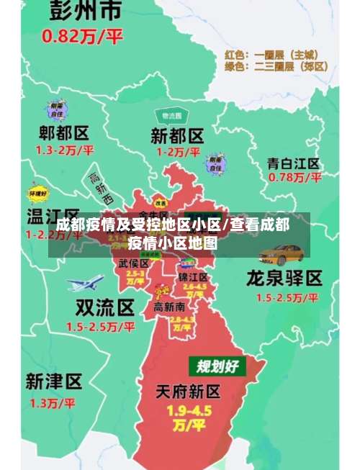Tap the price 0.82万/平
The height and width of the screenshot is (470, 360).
(83, 36)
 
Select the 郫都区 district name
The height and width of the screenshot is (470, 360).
(64, 133)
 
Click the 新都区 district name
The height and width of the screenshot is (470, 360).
(176, 135)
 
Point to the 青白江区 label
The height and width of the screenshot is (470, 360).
(293, 162)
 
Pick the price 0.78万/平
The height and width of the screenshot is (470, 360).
(294, 177)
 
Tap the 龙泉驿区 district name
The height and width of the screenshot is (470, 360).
(284, 278)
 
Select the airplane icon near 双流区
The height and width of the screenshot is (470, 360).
(85, 282)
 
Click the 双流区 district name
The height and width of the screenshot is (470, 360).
(105, 309)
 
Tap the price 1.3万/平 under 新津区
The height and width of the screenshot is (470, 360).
(52, 403)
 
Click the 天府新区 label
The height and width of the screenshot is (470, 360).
(189, 392)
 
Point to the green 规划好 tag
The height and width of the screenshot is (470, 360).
(217, 366)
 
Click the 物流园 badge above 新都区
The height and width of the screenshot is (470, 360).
(171, 116)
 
